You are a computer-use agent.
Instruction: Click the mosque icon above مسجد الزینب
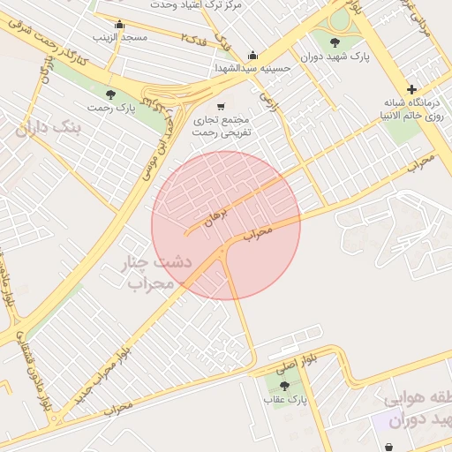coord(119,24)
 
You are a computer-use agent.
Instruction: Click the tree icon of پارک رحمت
coord(110,94)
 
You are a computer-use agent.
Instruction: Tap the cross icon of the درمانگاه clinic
coord(411,88)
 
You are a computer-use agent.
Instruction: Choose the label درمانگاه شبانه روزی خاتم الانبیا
coord(411,109)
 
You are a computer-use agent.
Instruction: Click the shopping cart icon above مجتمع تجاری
coord(221,106)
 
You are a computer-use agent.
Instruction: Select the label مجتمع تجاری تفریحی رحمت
coord(221,126)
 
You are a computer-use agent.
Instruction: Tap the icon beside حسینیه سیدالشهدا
coord(253,55)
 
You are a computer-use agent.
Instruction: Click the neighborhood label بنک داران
coord(47,128)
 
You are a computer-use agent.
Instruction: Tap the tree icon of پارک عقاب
coord(284,386)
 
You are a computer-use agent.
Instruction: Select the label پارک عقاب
coord(284,400)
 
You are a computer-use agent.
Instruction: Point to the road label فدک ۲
coord(194,39)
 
